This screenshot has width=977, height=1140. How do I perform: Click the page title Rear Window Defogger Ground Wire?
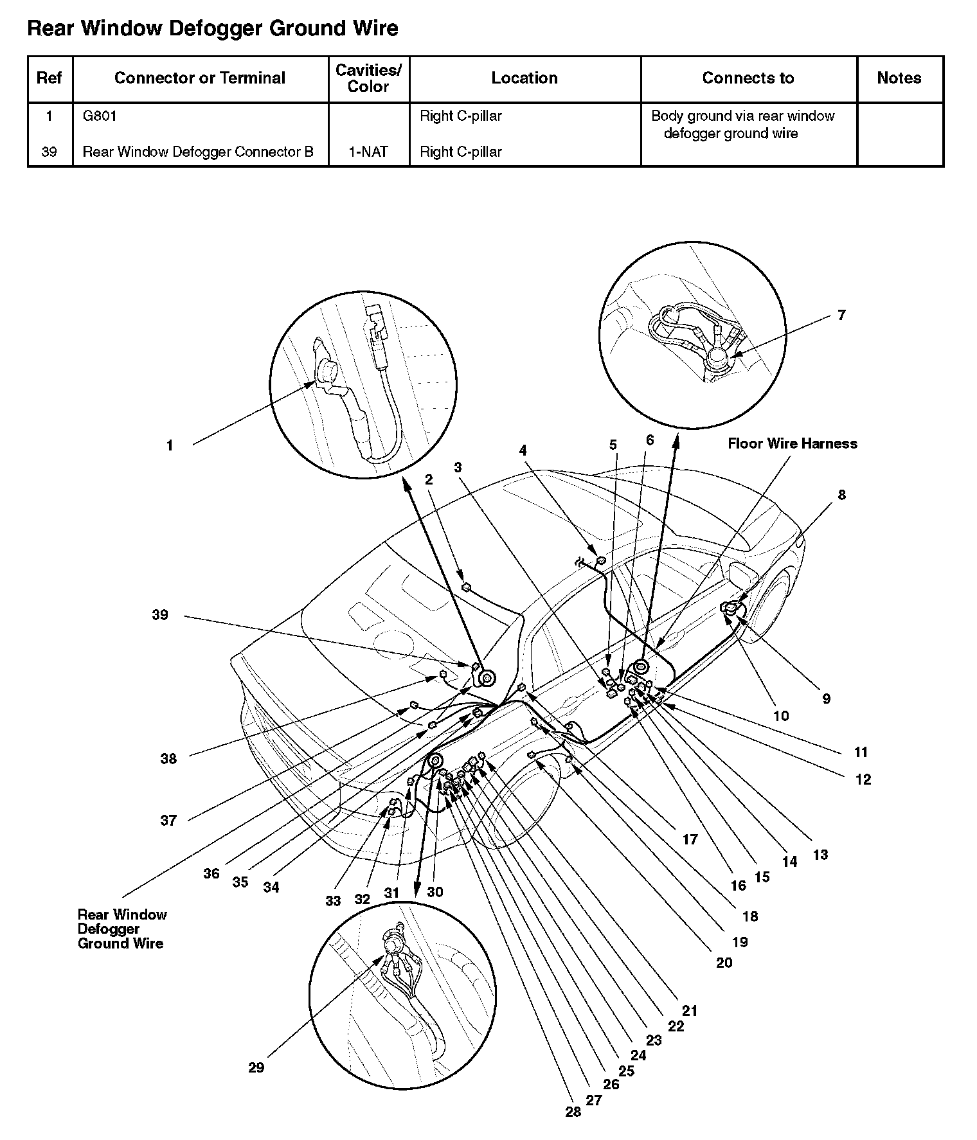[213, 29]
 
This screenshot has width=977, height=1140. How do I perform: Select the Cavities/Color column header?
[368, 78]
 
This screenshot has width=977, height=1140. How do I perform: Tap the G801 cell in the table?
[100, 116]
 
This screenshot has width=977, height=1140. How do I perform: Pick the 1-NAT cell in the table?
[368, 152]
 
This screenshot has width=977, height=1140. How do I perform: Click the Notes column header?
[899, 78]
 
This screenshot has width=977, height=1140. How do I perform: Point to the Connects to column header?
[748, 78]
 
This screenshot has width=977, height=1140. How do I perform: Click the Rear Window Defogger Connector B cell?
[198, 152]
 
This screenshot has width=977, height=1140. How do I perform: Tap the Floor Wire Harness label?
[792, 443]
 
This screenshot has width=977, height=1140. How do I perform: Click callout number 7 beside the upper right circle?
[841, 315]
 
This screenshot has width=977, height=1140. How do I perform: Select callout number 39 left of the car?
[160, 615]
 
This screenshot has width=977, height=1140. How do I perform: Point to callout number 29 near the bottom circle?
[256, 1067]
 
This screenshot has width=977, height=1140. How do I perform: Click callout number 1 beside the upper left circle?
[170, 445]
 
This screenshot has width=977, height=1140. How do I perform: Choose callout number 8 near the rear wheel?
[841, 495]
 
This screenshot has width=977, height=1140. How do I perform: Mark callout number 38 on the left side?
[168, 759]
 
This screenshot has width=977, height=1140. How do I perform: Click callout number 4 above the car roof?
[523, 450]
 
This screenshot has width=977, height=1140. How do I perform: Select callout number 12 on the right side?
[863, 779]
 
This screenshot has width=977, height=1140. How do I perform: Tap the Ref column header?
[49, 78]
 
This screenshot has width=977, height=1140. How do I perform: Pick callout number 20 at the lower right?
[724, 963]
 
